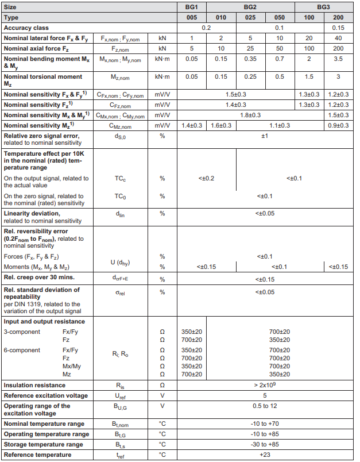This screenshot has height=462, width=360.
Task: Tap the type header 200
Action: coord(339,17)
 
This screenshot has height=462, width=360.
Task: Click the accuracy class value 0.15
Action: coord(339,28)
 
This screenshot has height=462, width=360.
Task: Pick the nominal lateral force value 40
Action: coord(339,38)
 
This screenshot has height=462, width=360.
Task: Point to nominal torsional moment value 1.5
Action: coord(309,76)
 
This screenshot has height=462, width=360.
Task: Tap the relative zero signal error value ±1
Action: coord(265,136)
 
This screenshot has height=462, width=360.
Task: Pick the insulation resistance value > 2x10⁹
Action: coord(265,385)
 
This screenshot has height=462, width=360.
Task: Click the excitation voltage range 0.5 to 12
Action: coord(265,406)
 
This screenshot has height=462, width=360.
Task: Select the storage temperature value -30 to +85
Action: coord(265,445)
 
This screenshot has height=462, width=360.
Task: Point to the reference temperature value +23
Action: coord(265,455)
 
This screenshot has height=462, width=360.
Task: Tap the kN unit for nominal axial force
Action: coord(162,48)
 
